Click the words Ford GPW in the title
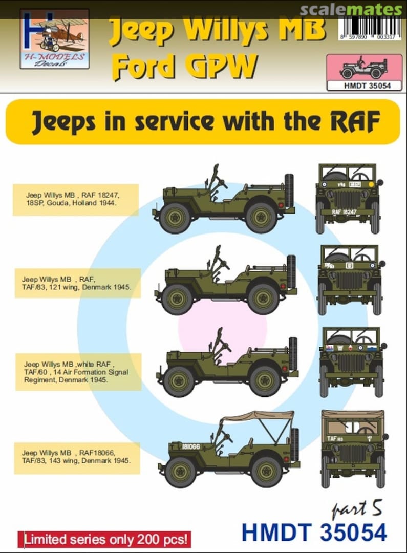click(x=184, y=67)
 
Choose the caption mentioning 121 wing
click(x=75, y=283)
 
